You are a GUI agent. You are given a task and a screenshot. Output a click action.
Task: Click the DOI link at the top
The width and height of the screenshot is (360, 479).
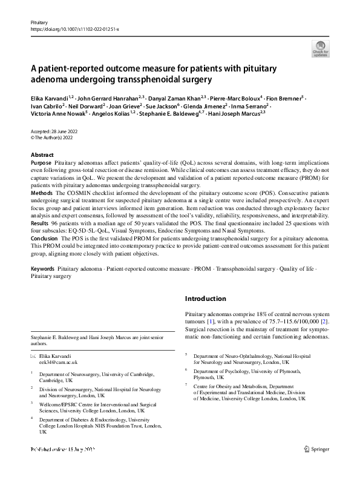click(x=74, y=29)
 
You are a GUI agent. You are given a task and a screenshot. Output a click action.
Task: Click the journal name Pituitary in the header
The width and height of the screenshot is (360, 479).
click(x=38, y=22)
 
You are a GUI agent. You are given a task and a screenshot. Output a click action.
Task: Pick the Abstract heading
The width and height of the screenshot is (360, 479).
click(x=42, y=155)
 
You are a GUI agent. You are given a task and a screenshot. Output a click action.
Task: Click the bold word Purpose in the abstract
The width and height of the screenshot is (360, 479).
click(x=41, y=164)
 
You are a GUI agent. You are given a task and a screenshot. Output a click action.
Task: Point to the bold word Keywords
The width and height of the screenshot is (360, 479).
click(x=42, y=268)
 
